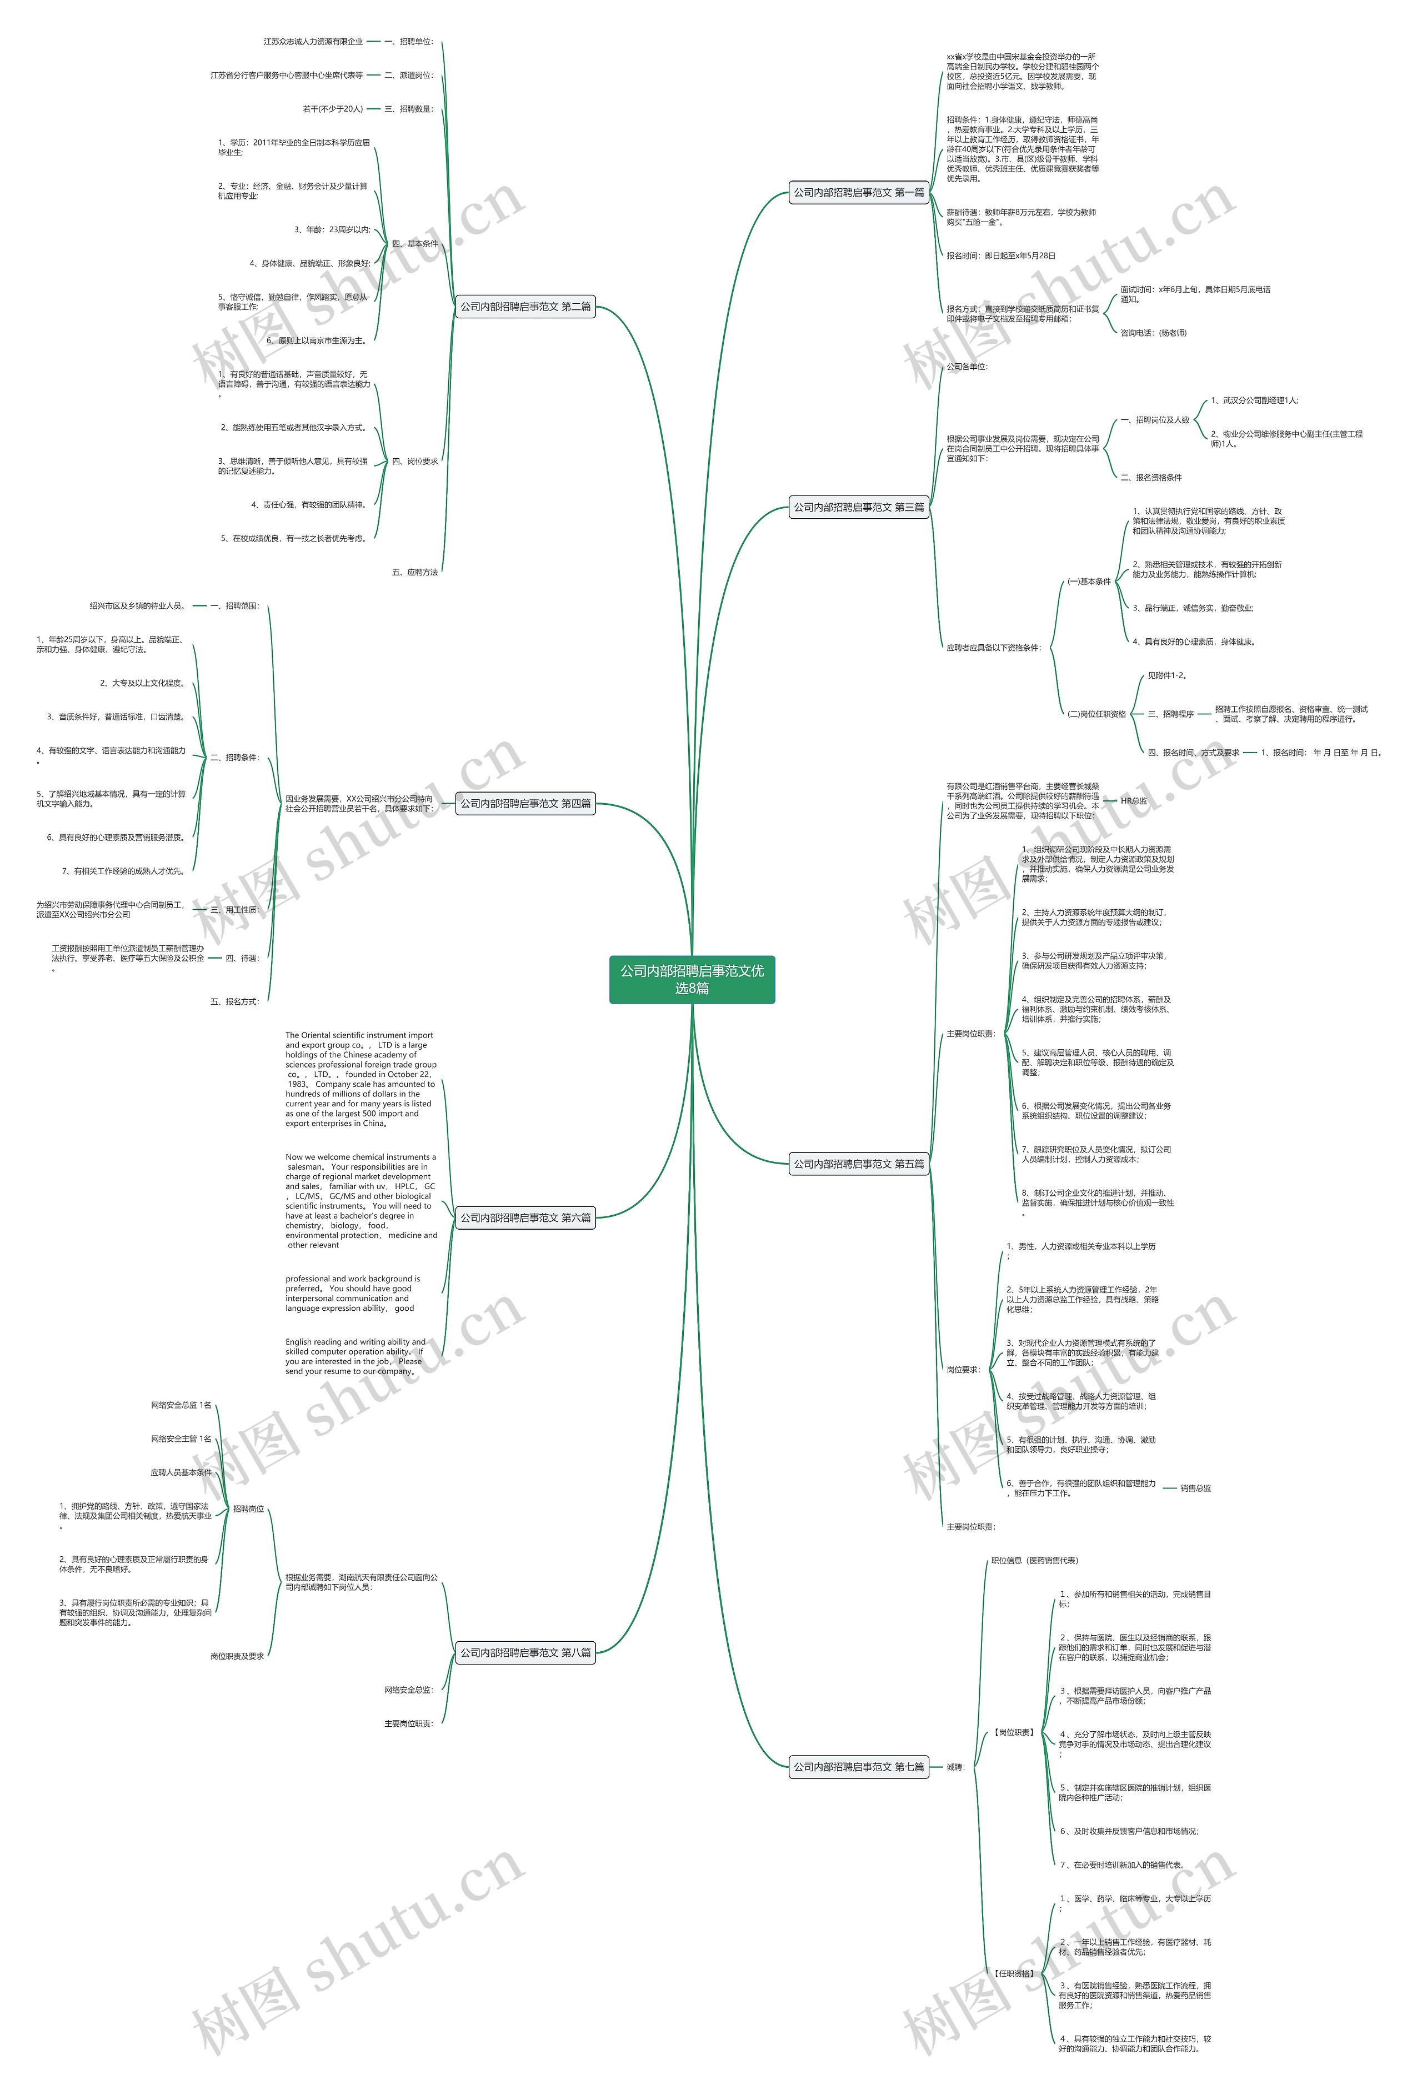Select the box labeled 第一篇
[858, 193]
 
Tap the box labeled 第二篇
[525, 307]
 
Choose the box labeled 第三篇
[858, 507]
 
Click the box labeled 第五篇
[858, 1164]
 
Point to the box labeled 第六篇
[525, 1217]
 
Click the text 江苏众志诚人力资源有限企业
[313, 41]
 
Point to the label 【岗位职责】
[1014, 1732]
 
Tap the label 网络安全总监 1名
[181, 1405]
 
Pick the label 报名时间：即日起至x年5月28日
[1000, 256]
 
